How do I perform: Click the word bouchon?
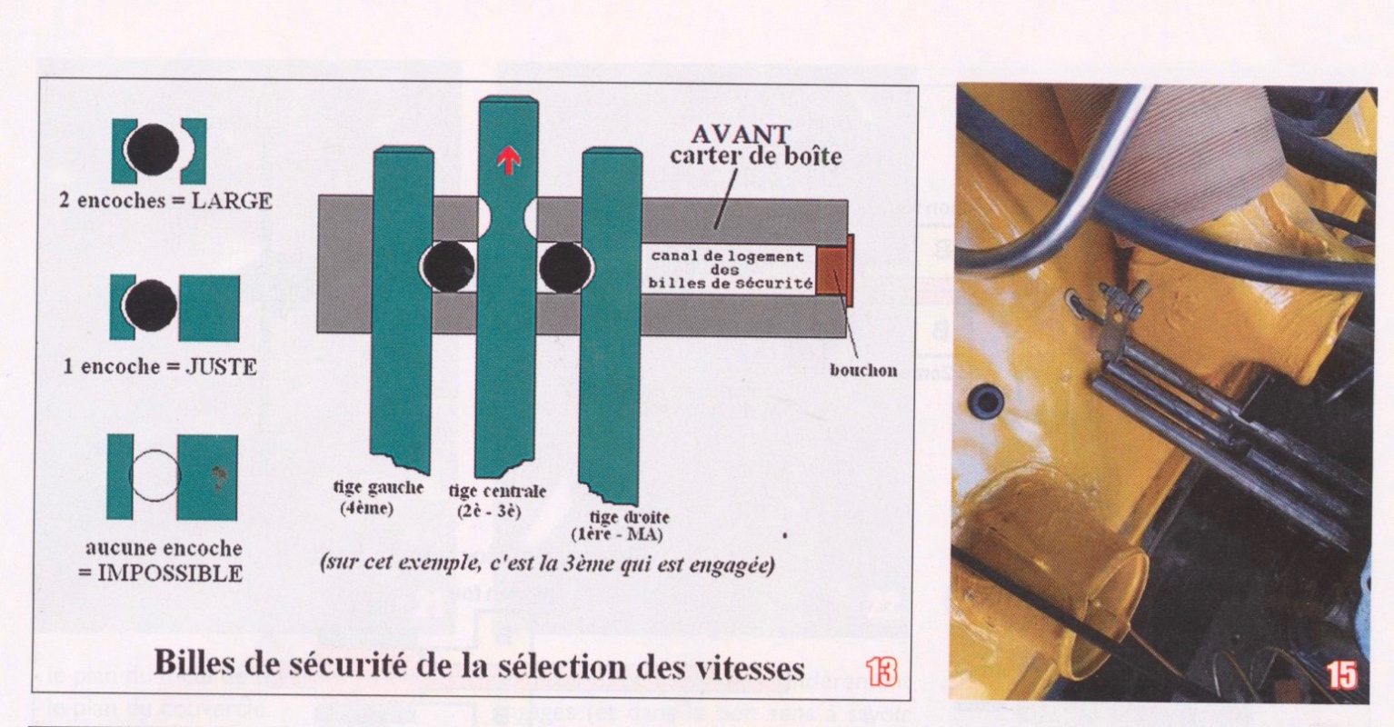click(x=863, y=371)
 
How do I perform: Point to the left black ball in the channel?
click(x=445, y=268)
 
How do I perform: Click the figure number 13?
click(x=882, y=672)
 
